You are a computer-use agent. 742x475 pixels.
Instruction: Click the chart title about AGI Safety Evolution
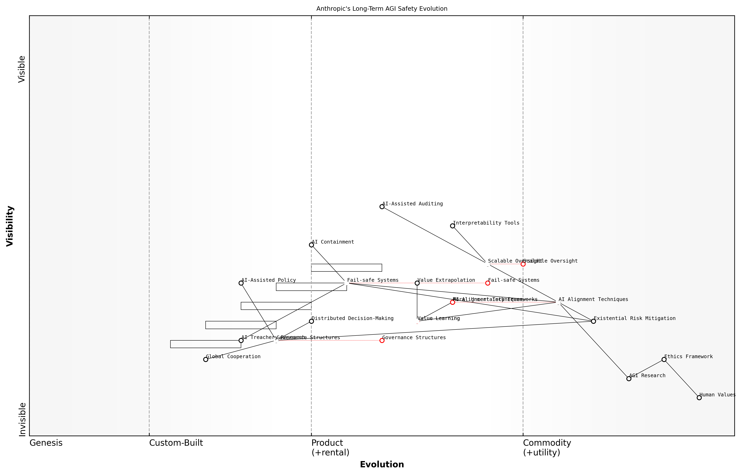click(x=382, y=9)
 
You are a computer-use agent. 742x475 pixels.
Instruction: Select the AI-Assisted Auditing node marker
click(x=382, y=207)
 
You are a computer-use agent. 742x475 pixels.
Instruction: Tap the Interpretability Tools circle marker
click(x=452, y=226)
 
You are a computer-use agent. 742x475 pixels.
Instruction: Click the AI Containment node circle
click(x=311, y=245)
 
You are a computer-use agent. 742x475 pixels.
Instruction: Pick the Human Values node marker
click(x=699, y=398)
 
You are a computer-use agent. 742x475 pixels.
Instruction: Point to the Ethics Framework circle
click(x=664, y=359)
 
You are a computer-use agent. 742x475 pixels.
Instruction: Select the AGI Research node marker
click(x=629, y=378)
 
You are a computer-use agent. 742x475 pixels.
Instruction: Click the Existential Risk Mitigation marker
click(x=593, y=321)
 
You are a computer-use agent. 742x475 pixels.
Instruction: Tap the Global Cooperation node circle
click(x=206, y=359)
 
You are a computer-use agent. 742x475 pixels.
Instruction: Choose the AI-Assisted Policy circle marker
click(x=241, y=283)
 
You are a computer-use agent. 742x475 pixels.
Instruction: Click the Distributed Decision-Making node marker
click(x=311, y=321)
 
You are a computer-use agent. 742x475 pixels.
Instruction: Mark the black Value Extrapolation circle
click(x=417, y=283)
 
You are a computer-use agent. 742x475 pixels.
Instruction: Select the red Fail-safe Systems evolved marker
click(x=487, y=283)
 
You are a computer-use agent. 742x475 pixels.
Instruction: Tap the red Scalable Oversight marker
click(x=523, y=264)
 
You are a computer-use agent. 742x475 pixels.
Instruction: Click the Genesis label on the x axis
click(x=46, y=443)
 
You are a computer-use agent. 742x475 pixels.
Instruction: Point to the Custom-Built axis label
click(x=176, y=443)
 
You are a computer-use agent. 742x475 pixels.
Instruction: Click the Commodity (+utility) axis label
click(x=547, y=448)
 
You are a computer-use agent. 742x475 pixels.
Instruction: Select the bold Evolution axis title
click(x=382, y=464)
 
